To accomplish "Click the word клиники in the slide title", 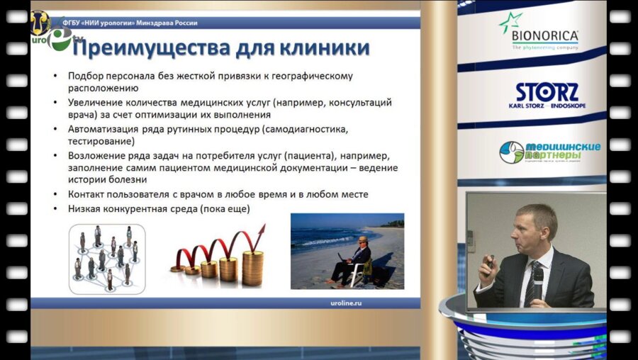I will click(x=327, y=48).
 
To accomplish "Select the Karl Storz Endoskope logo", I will click(x=547, y=96).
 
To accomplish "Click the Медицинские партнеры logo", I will click(x=549, y=152).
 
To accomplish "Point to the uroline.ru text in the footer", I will click(x=384, y=303).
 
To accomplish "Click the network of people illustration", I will click(x=106, y=259).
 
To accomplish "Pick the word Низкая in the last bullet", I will click(x=85, y=210).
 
